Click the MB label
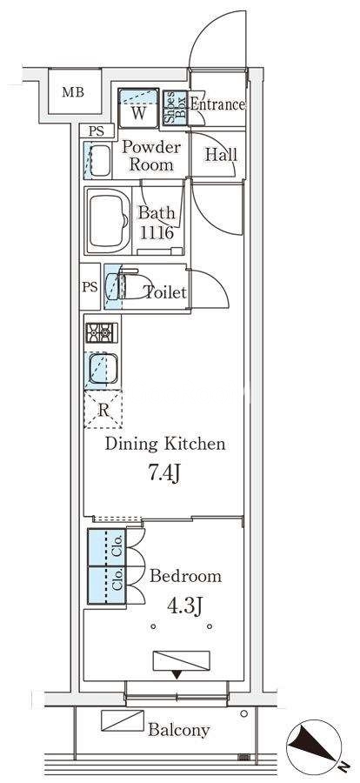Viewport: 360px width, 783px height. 73,92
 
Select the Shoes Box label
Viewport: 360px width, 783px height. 175,107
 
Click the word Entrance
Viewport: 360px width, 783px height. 217,105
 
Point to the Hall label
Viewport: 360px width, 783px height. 221,155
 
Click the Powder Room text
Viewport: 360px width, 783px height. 151,156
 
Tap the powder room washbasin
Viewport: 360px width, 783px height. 100,161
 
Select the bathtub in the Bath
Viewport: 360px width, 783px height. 108,220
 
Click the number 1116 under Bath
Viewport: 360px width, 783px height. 157,232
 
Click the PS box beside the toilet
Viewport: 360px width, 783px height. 90,286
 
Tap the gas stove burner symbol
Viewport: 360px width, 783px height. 102,333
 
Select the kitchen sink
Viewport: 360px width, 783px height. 103,367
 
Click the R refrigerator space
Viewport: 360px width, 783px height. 103,410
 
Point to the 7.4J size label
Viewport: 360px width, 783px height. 163,474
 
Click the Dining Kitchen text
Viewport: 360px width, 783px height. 164,444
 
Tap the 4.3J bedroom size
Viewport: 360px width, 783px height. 184,606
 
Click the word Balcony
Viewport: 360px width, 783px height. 179,731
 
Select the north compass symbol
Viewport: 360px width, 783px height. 314,747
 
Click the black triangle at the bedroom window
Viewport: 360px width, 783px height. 177,675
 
